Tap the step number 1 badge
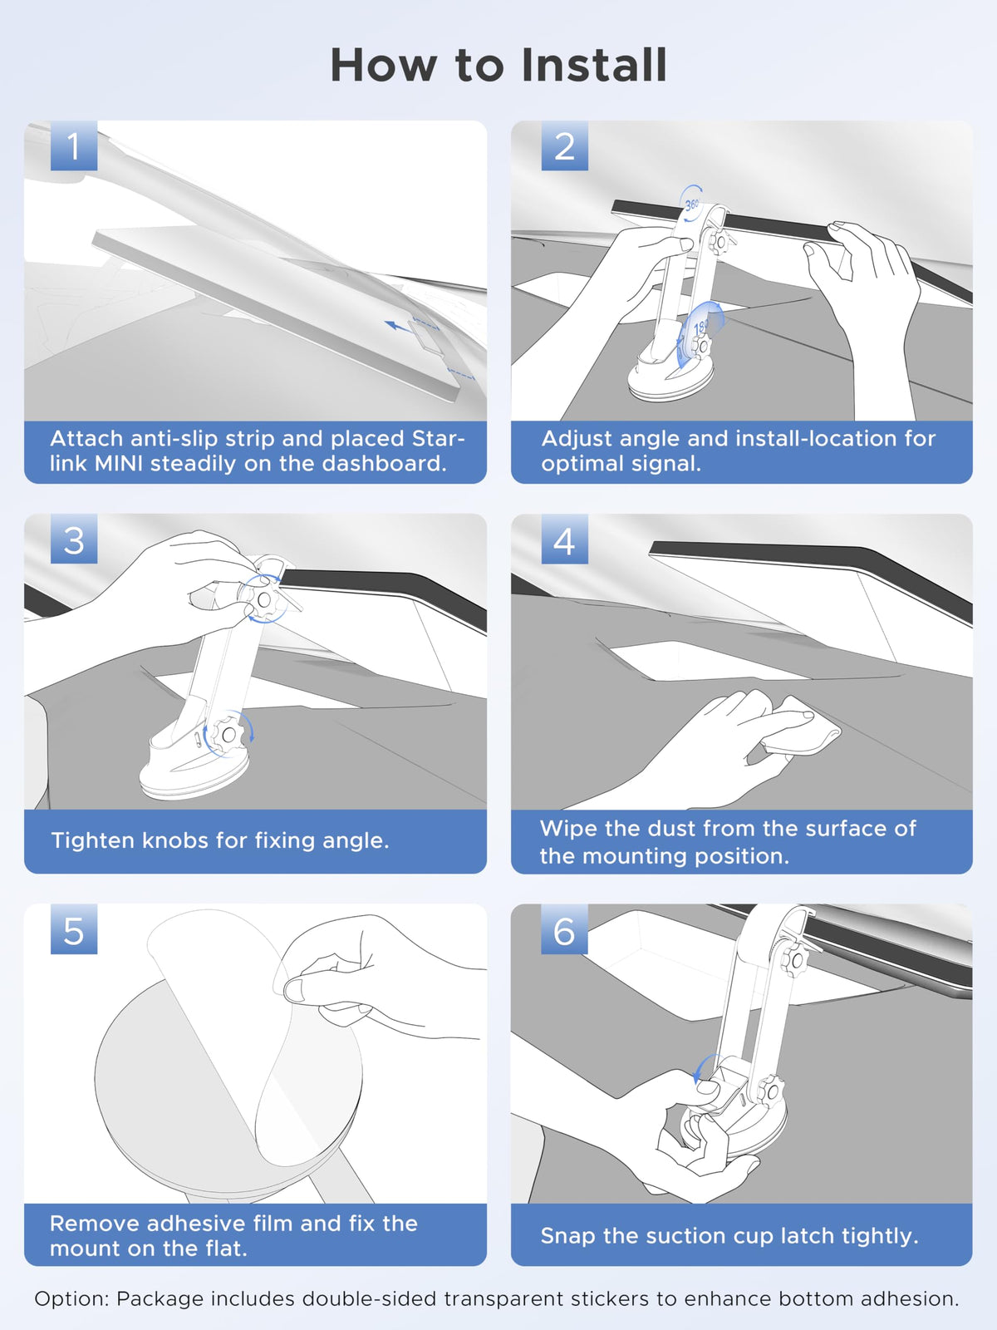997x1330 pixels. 73,146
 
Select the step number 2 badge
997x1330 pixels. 564,146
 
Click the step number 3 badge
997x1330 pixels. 73,539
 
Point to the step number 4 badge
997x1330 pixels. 564,540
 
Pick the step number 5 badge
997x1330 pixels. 73,930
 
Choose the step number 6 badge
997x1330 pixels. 564,930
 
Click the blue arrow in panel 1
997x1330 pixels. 399,326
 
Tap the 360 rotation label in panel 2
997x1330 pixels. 691,203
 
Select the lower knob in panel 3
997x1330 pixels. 227,735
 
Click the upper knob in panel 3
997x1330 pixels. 263,599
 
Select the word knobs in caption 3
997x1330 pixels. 175,840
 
